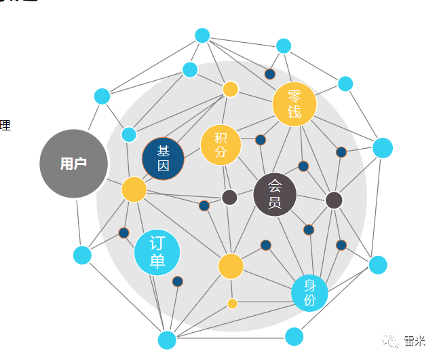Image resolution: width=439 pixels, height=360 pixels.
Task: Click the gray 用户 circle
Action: pos(73,164)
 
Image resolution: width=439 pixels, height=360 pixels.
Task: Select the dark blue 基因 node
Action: pos(163,158)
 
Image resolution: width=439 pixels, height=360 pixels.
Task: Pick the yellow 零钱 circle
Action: pos(294,105)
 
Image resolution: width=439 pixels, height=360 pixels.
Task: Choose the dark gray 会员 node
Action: pos(275,194)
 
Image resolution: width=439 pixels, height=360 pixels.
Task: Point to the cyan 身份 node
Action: pos(309,293)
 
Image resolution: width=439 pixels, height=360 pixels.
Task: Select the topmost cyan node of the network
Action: pos(202,35)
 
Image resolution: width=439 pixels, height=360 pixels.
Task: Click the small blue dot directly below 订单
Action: pos(178,281)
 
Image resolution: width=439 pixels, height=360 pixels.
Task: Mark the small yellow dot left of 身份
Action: pos(232,304)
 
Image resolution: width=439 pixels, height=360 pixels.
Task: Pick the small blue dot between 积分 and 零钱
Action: pos(260,140)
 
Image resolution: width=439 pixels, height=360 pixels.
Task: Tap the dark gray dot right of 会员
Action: pos(334,200)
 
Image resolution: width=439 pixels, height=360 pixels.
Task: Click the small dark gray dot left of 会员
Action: pos(229,197)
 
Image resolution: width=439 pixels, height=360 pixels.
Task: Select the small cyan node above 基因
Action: pos(129,134)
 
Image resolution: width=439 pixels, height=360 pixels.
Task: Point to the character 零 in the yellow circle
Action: pos(294,97)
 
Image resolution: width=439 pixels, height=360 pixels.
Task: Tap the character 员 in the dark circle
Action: pos(275,202)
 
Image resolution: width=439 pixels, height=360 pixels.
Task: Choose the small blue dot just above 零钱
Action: pos(270,74)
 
